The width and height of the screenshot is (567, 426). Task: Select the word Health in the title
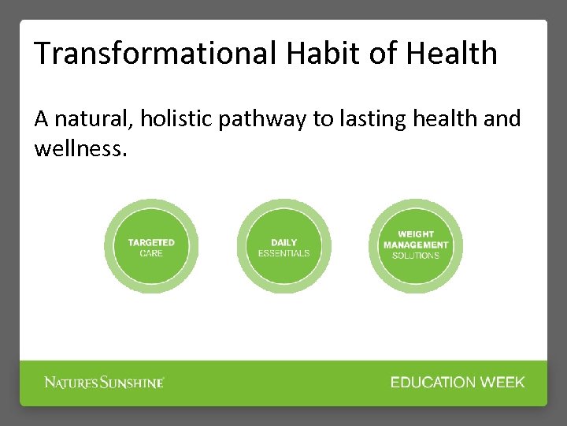pyautogui.click(x=453, y=54)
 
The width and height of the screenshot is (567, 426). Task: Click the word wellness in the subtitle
pyautogui.click(x=79, y=148)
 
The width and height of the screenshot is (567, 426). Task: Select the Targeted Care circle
pyautogui.click(x=151, y=246)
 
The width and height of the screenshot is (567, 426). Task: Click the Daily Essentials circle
pyautogui.click(x=283, y=246)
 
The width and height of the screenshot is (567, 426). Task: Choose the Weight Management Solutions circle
pyautogui.click(x=416, y=246)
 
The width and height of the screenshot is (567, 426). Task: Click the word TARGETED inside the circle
pyautogui.click(x=151, y=242)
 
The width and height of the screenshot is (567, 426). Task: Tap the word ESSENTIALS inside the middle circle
pyautogui.click(x=283, y=253)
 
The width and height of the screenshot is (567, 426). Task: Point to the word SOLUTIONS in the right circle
pyautogui.click(x=416, y=256)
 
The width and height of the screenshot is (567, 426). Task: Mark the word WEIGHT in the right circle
pyautogui.click(x=416, y=234)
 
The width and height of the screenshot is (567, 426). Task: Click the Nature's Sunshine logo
pyautogui.click(x=104, y=383)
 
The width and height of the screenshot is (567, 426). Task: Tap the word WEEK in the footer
pyautogui.click(x=503, y=383)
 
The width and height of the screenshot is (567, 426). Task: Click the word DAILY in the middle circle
pyautogui.click(x=283, y=242)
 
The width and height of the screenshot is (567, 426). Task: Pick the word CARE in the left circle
pyautogui.click(x=151, y=253)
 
